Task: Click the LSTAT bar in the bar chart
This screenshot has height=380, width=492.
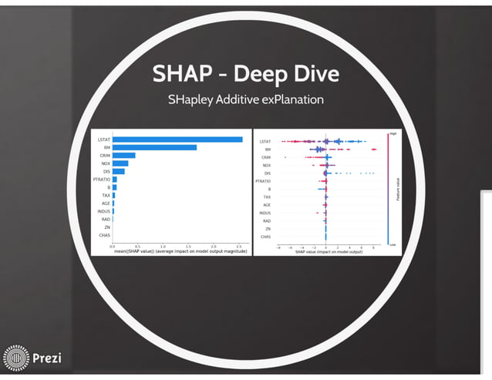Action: click(x=177, y=140)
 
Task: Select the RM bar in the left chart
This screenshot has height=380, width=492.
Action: click(x=154, y=147)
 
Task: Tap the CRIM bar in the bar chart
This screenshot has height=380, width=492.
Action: click(x=124, y=156)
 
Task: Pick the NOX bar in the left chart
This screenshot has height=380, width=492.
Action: click(x=120, y=163)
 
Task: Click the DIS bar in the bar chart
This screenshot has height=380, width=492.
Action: click(x=119, y=171)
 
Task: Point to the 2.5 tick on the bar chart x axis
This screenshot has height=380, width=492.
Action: click(x=239, y=245)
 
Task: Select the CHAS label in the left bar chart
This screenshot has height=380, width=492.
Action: click(x=105, y=236)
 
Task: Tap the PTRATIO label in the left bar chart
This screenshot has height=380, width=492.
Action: click(x=101, y=180)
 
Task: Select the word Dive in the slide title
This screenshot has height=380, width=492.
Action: click(x=312, y=74)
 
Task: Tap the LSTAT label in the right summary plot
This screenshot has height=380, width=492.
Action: click(x=265, y=142)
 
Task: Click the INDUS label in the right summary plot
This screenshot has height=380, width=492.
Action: click(x=265, y=213)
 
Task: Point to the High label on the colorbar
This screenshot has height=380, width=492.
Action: click(x=393, y=133)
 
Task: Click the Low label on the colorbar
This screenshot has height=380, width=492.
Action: click(x=393, y=244)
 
